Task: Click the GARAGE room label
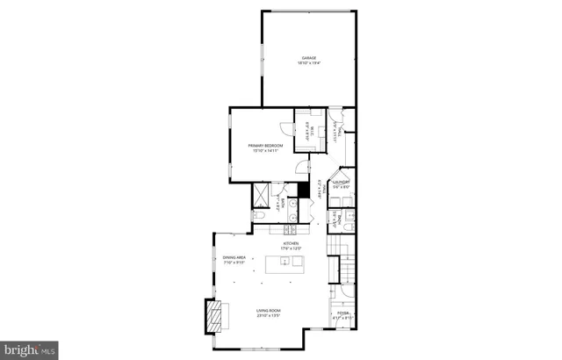pos(308,58)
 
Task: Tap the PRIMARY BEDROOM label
pos(264,145)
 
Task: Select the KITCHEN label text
pos(291,243)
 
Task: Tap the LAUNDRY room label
pos(341,182)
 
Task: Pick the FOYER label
pos(342,313)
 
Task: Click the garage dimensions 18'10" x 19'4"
pos(308,63)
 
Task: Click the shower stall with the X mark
pos(262,193)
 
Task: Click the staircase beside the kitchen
pos(344,263)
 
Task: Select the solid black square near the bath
pos(304,190)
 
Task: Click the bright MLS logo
pos(29,349)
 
